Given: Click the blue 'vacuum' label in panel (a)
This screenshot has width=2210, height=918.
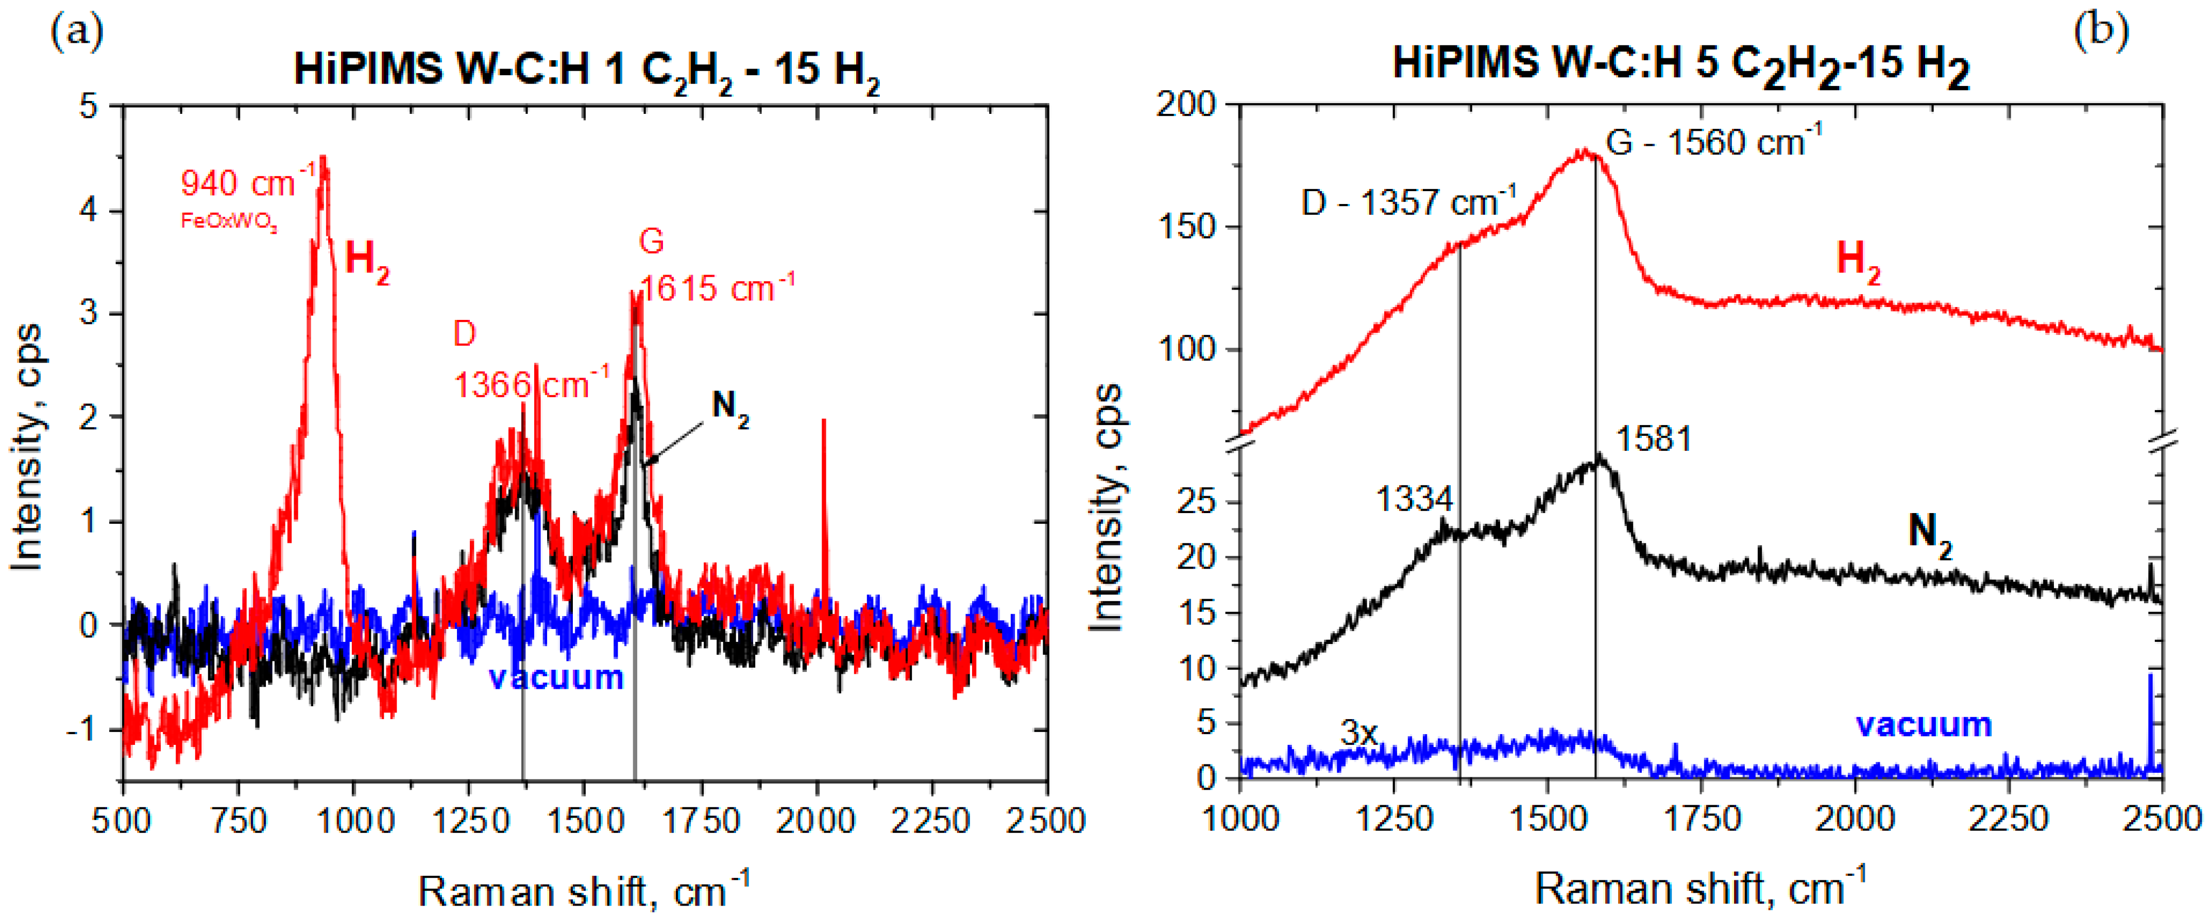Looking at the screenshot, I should point(556,678).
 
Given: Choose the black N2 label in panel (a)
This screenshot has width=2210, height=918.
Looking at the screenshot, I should point(730,406).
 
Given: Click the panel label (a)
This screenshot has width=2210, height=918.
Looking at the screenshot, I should point(77,32).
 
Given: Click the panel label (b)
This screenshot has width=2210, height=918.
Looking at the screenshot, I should point(2101,32).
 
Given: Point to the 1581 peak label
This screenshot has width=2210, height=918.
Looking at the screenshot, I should point(1653,439).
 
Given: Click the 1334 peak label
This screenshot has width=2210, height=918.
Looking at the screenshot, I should point(1415,499).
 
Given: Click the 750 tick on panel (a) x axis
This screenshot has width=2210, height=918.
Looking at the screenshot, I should point(239,821).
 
